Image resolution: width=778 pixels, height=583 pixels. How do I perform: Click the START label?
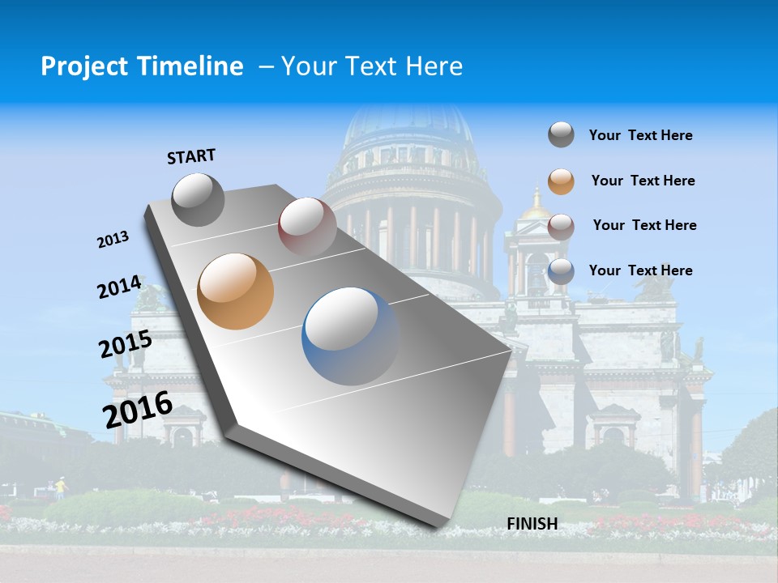191,156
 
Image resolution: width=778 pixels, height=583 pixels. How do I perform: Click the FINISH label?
532,524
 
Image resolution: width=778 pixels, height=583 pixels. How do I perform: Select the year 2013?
113,240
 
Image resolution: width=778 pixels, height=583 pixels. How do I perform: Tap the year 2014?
119,287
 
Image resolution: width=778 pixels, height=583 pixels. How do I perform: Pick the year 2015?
126,344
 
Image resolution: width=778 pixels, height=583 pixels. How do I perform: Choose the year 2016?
138,409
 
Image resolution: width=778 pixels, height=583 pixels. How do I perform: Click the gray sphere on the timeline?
199,199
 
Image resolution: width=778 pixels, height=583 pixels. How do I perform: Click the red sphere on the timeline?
307,226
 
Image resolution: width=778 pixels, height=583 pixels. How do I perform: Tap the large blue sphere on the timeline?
350,336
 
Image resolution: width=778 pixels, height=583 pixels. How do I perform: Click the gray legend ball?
561,134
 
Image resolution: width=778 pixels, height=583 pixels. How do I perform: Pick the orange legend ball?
561,181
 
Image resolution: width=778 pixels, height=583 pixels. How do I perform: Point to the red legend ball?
561,226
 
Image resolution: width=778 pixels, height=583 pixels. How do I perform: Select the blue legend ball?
561,271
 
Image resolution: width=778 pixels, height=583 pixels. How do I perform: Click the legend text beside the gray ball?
640,135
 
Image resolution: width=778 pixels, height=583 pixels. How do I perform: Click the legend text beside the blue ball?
640,270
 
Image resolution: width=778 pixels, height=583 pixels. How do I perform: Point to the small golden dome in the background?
536,206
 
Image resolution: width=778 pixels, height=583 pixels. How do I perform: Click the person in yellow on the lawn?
59,487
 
